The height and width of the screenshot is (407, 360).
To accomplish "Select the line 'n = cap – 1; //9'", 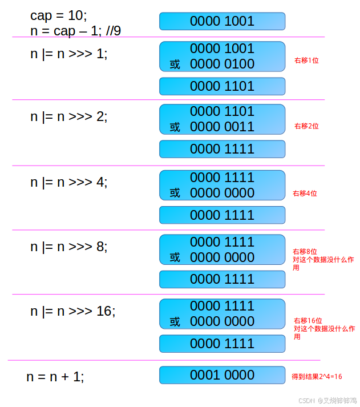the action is tap(75, 31).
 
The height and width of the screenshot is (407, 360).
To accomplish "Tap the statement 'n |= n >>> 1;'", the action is tap(68, 54).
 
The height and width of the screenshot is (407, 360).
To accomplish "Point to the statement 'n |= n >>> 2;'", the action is tap(68, 116).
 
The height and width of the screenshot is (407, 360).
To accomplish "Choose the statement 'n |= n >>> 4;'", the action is tap(68, 183).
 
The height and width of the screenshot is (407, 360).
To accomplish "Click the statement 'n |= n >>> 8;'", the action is tap(68, 247).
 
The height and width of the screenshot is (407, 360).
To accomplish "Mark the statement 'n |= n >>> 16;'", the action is tap(72, 312).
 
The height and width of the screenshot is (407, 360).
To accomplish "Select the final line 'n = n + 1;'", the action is tap(55, 377).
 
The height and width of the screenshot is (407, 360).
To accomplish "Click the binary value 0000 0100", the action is tap(222, 64).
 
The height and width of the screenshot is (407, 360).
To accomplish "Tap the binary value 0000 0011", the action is tap(222, 127).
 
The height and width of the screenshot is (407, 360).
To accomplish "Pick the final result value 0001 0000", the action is tap(222, 375).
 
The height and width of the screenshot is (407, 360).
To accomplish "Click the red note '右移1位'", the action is tap(306, 60).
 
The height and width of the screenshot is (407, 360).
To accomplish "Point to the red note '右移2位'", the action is tap(306, 126).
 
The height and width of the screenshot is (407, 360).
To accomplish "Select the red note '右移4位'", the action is tap(305, 194).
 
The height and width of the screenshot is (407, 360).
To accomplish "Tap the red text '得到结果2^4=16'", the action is tap(317, 377).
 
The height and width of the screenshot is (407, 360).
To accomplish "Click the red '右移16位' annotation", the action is tap(308, 321).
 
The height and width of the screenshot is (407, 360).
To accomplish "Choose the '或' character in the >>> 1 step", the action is tap(175, 65).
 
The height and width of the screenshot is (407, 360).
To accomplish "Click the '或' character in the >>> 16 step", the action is tap(175, 322).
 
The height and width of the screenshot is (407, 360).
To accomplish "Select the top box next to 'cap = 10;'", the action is tap(222, 22).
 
